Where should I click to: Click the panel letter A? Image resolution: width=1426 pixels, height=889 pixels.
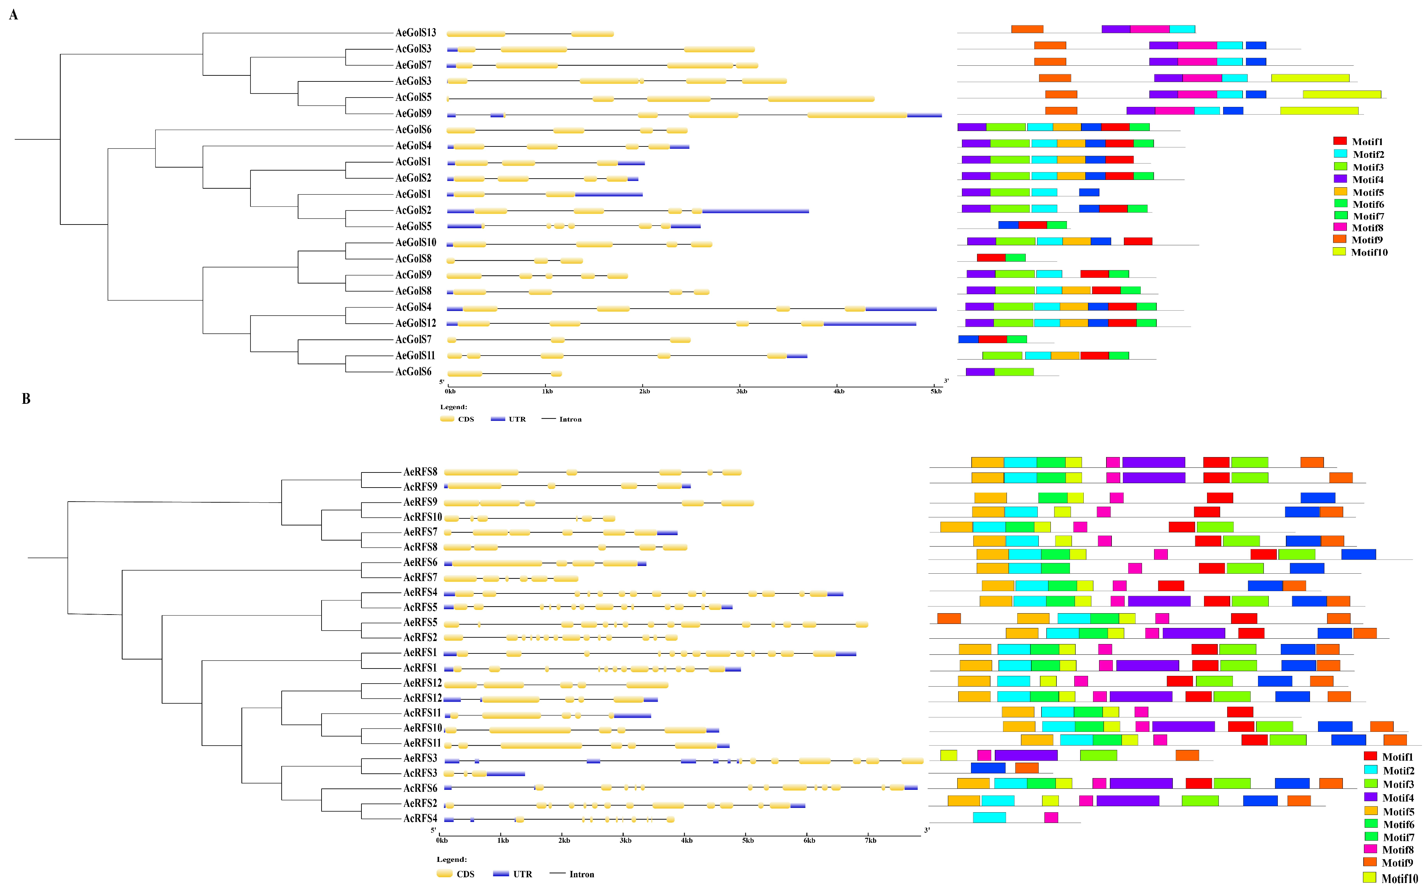pos(13,15)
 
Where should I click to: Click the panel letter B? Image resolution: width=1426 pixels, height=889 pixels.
pos(26,399)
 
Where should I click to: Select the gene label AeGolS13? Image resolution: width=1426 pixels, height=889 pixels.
pos(416,33)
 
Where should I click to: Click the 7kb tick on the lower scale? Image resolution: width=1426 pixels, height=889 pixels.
pos(871,840)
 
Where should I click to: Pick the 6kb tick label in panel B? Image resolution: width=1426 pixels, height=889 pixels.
pos(809,840)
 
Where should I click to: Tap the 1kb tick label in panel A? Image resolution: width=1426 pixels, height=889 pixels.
pos(547,392)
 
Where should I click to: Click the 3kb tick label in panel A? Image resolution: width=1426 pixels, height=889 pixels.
pos(742,392)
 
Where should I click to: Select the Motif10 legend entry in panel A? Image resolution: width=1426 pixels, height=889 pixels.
pos(1368,252)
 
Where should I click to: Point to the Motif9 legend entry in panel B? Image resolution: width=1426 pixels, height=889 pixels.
pos(1397,863)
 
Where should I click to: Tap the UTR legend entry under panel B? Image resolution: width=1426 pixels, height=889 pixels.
pos(522,874)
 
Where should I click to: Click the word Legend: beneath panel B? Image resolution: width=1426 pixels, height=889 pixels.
pos(452,860)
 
